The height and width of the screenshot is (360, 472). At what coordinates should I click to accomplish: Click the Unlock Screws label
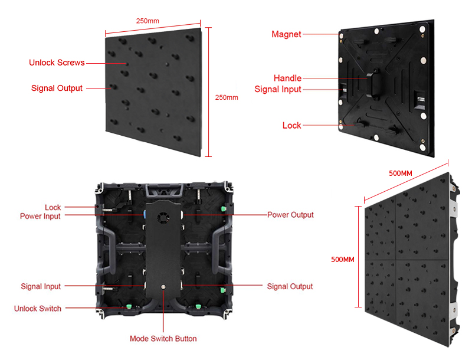57,63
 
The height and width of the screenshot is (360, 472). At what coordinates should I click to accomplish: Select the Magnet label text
286,34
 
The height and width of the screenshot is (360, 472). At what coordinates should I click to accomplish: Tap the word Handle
287,78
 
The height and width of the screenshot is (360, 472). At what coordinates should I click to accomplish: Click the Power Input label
40,216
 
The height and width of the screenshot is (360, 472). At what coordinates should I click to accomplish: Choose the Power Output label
290,215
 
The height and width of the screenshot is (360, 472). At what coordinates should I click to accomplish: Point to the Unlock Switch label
38,309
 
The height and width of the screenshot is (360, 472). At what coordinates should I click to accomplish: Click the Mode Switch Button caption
163,339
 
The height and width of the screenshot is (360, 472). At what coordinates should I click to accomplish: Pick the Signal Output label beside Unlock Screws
57,89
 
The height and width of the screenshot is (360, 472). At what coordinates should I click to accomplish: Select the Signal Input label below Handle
278,89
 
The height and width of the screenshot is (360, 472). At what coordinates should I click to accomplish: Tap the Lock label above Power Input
53,207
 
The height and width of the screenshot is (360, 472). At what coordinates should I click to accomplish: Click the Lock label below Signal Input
291,125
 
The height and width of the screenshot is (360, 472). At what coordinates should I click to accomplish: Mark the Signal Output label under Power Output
290,286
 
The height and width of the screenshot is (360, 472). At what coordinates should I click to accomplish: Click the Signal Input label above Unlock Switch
41,286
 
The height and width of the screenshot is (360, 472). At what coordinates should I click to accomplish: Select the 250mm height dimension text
226,97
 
